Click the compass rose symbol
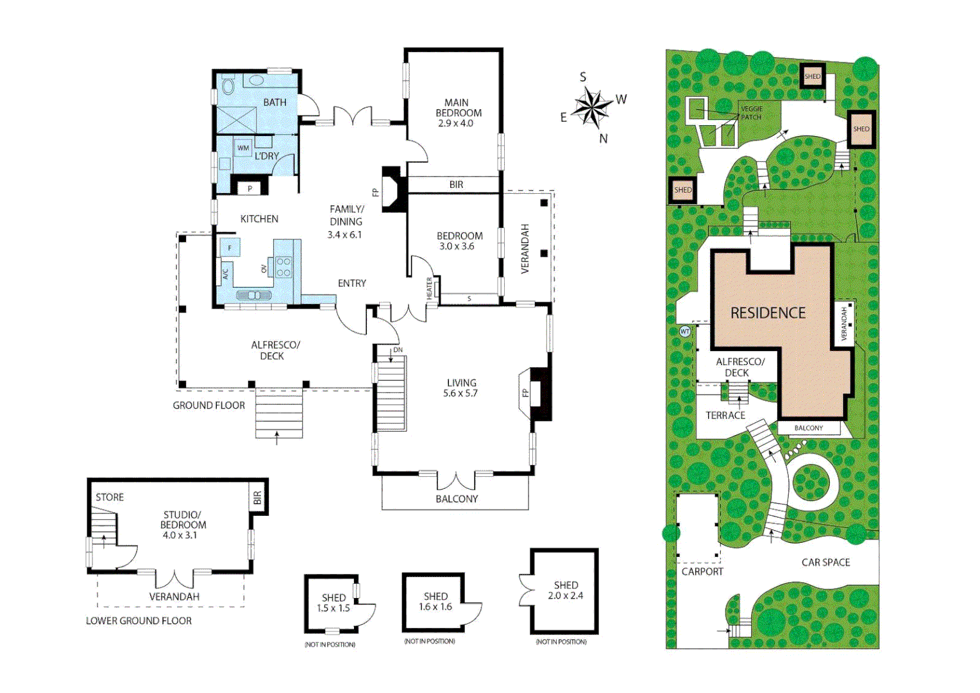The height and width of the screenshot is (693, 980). click(591, 107)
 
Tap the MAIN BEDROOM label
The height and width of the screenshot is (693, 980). click(457, 108)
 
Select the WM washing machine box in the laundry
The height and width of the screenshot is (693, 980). click(243, 148)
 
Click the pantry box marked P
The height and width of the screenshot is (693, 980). click(249, 188)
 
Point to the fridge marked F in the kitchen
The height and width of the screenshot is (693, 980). click(230, 248)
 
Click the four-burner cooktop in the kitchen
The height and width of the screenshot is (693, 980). click(283, 267)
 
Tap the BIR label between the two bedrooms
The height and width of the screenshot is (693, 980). click(456, 185)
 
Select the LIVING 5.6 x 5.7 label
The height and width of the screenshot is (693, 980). click(461, 388)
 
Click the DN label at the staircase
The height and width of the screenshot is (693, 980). click(398, 350)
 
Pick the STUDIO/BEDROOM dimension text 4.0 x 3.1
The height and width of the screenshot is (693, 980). click(180, 535)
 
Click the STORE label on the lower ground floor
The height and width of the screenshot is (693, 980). click(110, 497)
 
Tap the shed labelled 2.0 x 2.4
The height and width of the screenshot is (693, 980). click(565, 590)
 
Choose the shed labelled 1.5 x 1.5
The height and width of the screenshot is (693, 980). click(333, 603)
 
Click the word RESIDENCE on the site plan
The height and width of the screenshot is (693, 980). click(768, 313)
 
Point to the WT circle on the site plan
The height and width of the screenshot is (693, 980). click(685, 332)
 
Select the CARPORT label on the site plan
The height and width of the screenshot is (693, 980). click(702, 572)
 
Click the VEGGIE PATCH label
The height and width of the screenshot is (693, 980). click(751, 113)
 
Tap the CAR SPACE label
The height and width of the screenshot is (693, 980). click(825, 563)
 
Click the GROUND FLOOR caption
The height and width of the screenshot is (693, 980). click(208, 406)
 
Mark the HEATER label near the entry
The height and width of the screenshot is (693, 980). click(429, 288)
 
